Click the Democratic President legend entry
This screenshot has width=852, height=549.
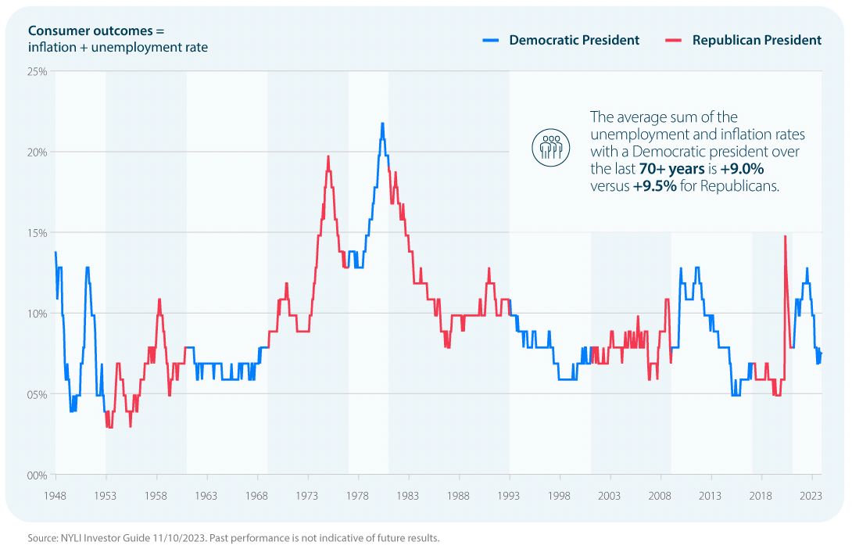[x=574, y=40]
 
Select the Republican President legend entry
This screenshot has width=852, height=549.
[x=757, y=40]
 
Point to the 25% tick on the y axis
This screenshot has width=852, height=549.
[x=38, y=71]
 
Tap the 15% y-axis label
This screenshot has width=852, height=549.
[x=38, y=233]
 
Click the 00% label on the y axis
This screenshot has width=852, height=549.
[x=38, y=475]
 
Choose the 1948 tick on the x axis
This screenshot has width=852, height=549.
[x=55, y=496]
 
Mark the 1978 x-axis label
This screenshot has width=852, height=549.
[x=359, y=496]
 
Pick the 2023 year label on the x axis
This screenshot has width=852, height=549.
[x=811, y=496]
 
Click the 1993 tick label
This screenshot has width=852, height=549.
[x=510, y=496]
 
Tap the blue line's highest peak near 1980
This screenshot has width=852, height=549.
[x=382, y=123]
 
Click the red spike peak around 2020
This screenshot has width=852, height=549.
[x=785, y=236]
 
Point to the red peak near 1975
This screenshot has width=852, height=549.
[x=328, y=156]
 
